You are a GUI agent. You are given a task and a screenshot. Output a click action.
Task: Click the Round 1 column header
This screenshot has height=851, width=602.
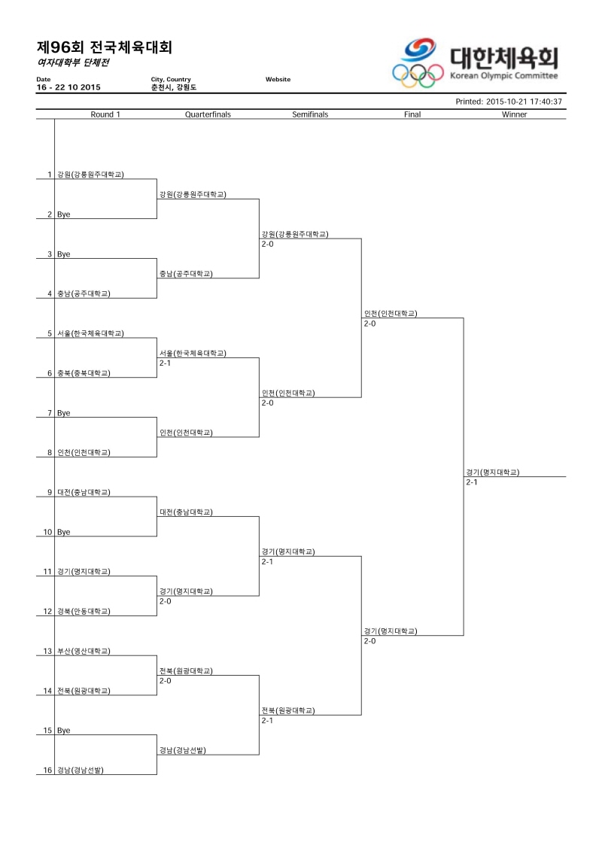pos(105,114)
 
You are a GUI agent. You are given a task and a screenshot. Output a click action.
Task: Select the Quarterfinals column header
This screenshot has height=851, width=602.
pos(208,114)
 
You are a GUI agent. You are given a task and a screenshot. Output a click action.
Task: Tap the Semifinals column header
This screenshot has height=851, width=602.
pos(310,114)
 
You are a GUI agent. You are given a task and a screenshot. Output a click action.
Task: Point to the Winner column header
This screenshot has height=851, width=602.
pos(514,114)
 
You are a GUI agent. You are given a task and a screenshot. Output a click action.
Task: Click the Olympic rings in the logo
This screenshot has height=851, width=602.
pos(418,75)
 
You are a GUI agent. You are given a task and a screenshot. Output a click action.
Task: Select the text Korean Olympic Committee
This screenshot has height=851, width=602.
pos(503,76)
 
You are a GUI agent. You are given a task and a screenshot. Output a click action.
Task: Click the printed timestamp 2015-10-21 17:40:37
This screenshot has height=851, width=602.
pos(524,102)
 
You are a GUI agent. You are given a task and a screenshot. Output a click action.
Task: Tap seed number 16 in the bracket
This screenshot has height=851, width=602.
pos(47,770)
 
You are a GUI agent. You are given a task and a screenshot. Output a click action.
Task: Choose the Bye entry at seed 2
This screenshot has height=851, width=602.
pos(63,214)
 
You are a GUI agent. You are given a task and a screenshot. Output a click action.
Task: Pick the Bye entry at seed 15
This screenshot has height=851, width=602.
pos(63,731)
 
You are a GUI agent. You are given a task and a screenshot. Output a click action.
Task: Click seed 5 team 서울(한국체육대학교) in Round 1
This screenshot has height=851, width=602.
pos(90,333)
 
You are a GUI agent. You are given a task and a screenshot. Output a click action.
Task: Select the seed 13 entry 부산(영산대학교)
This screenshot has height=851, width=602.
pos(84,652)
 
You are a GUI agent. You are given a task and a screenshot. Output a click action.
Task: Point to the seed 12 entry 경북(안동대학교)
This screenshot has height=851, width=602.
pos(84,611)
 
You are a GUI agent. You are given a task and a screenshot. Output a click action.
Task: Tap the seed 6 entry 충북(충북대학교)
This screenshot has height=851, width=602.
pos(84,373)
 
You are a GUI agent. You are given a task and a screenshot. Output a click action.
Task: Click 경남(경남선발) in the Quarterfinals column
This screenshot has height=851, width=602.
pos(182,751)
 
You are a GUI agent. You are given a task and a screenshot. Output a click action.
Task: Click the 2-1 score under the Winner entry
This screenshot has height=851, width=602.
pos(472,482)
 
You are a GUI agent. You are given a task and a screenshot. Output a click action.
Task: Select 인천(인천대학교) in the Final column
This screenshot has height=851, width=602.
pos(391,314)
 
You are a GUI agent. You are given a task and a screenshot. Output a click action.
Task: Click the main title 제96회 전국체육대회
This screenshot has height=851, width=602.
pos(105,47)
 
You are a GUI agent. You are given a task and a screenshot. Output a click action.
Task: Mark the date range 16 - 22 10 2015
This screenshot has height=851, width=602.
pos(68,87)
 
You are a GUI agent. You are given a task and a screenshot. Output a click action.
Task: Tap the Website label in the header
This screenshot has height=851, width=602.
pos(278,79)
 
